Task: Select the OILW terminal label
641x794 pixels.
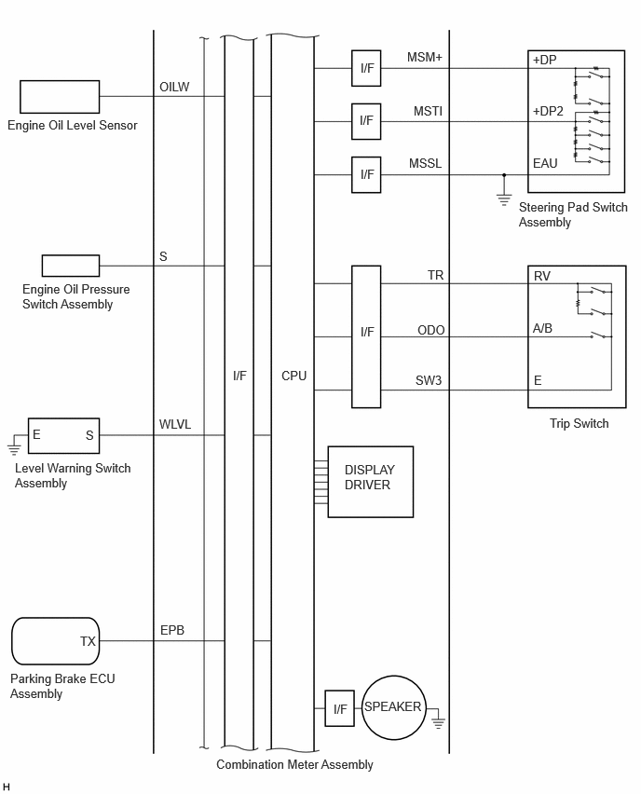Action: tap(174, 87)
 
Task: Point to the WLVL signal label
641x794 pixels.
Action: tap(175, 424)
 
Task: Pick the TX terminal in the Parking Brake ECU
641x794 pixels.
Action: tap(88, 641)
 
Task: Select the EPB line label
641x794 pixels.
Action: tap(172, 630)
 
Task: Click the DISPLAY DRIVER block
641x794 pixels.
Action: tap(371, 482)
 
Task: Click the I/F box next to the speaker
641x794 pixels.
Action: tap(339, 708)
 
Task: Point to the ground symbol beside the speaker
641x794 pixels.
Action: tap(439, 722)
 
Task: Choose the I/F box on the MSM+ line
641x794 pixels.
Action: tap(366, 68)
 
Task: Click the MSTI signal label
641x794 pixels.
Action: tap(428, 111)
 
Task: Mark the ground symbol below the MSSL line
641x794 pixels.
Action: tap(504, 199)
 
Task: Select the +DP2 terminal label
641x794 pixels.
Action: tap(548, 112)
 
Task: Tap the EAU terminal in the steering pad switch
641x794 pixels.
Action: tap(545, 164)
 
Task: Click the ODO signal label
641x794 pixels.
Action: tap(430, 330)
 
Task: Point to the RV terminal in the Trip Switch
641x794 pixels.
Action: tap(541, 276)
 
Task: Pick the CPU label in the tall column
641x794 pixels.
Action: tap(294, 376)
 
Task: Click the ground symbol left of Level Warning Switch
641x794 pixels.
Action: tap(14, 448)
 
